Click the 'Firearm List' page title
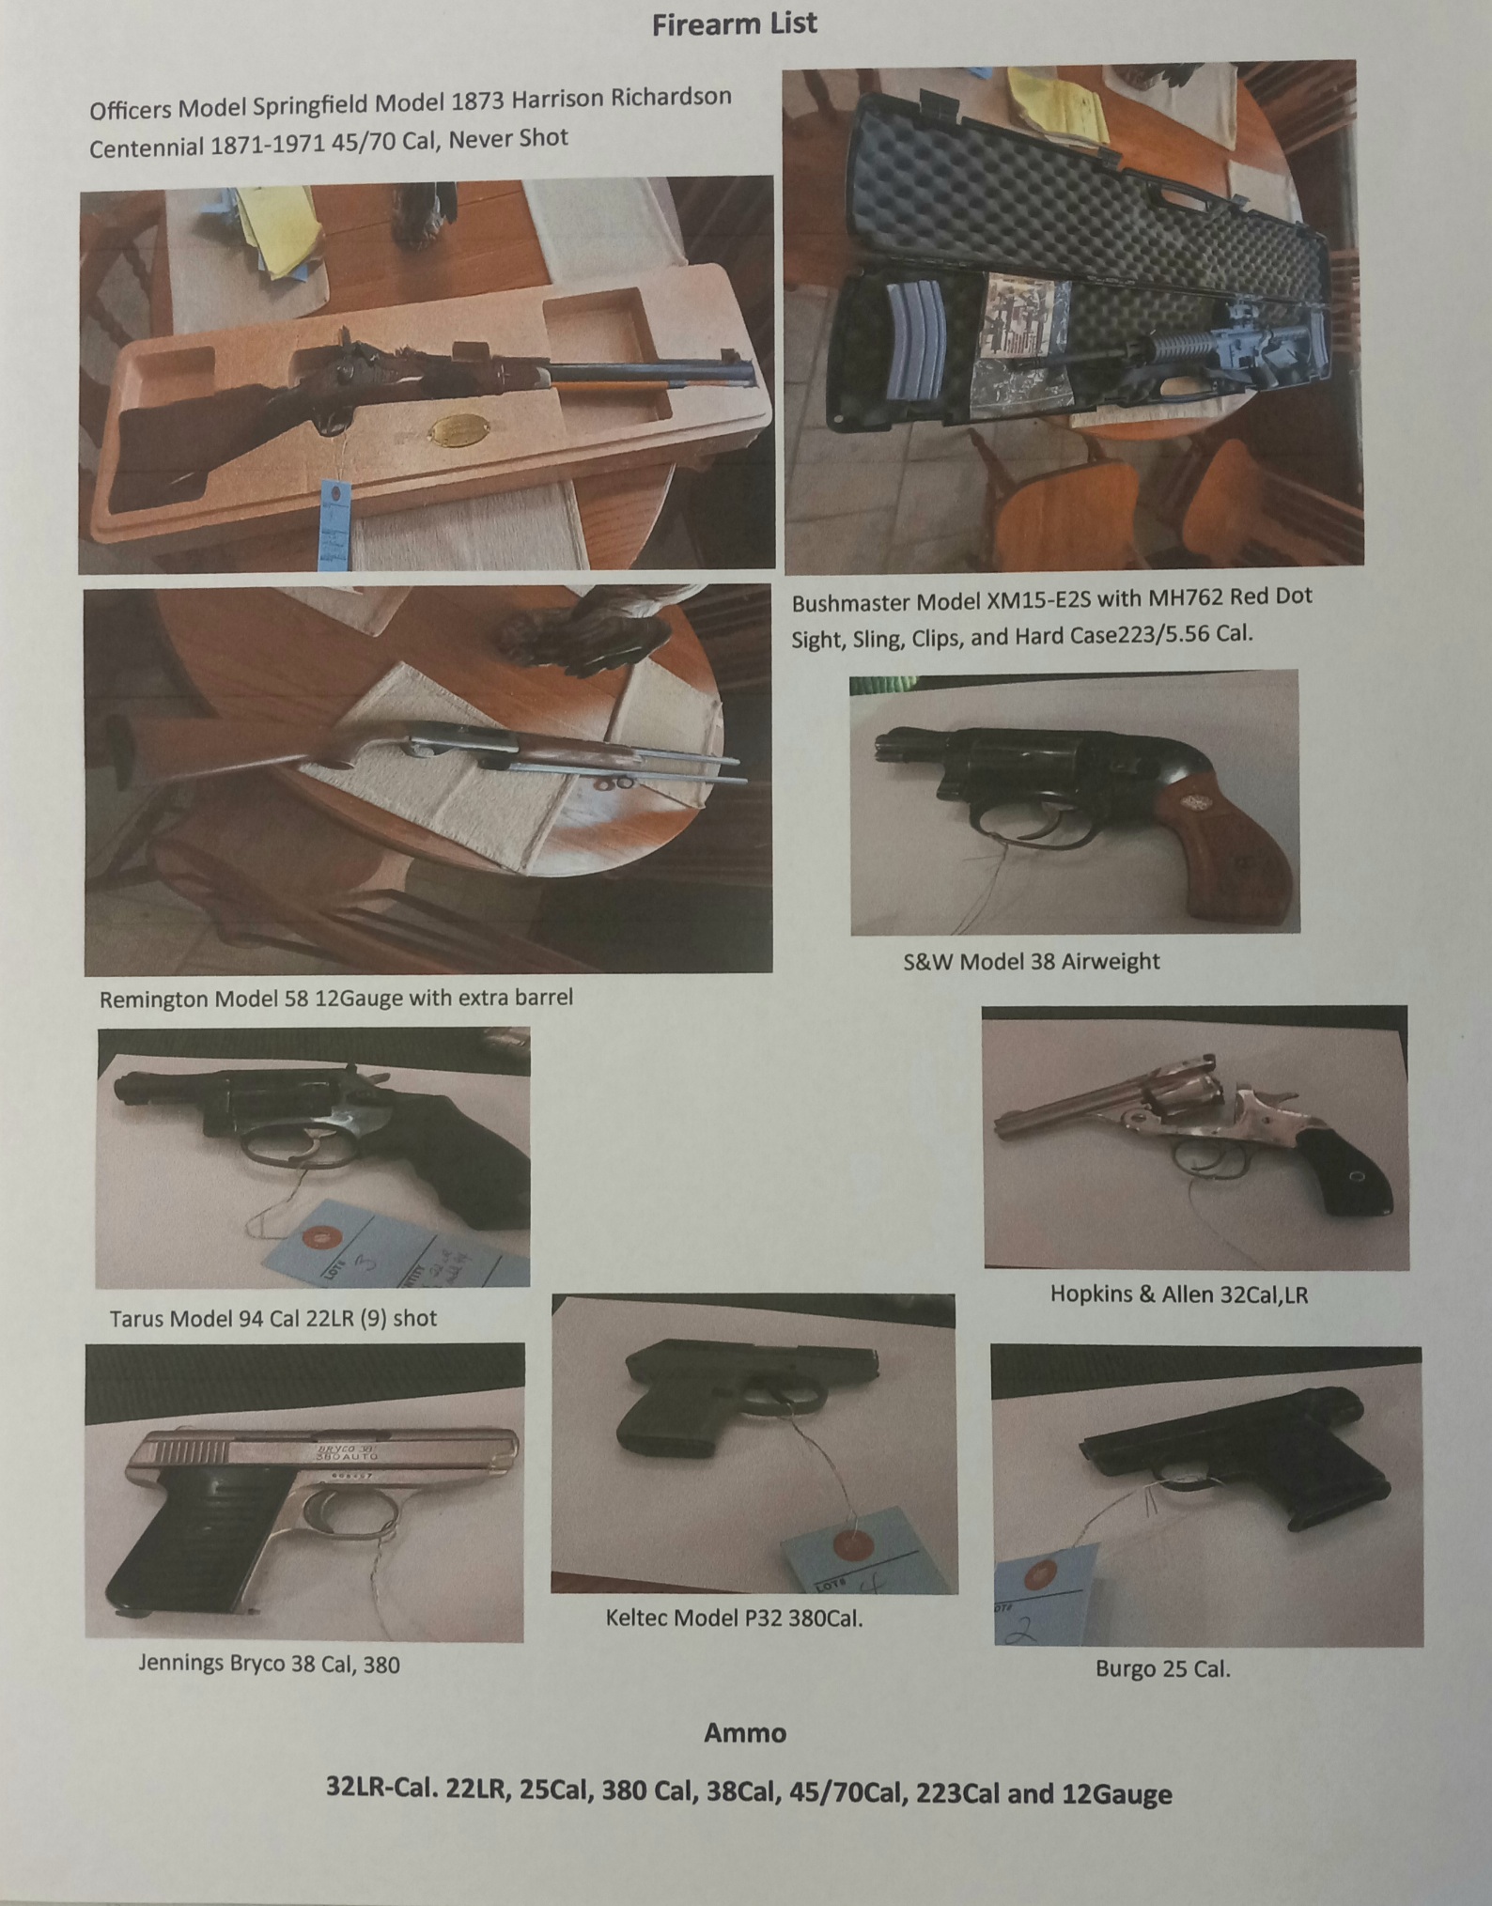735,23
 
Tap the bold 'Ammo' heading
745,1732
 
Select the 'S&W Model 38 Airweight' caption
1031,961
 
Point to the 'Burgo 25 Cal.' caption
1162,1668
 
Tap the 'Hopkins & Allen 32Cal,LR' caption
1179,1294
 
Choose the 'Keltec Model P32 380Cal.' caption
734,1618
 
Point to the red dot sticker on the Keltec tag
851,1542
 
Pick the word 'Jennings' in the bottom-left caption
183,1665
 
